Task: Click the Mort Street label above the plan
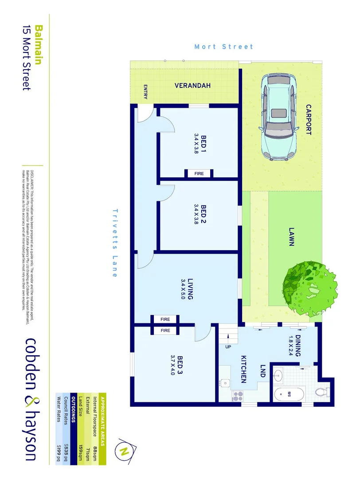pos(224,47)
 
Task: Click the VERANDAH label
pos(192,86)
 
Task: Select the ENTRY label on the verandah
pos(145,92)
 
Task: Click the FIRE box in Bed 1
pos(199,173)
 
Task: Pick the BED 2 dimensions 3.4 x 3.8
pos(196,214)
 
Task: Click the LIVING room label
pos(190,288)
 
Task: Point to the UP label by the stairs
pos(228,346)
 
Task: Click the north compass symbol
pos(124,451)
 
